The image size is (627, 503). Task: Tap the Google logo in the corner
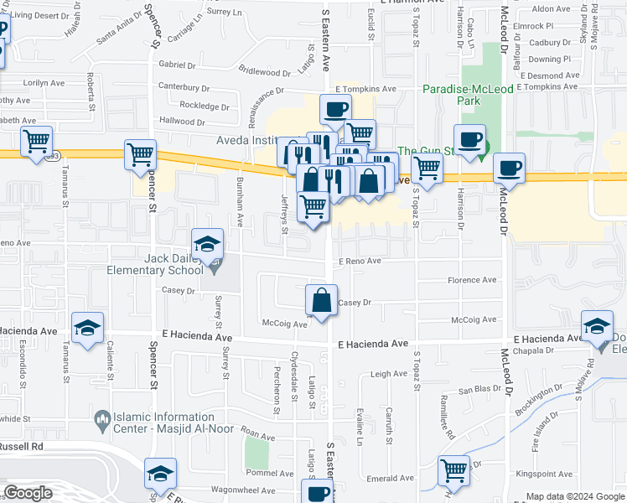click(28, 493)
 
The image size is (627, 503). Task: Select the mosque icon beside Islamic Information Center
click(102, 417)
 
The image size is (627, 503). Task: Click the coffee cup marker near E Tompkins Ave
click(334, 109)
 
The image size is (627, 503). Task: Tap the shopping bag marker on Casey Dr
click(322, 300)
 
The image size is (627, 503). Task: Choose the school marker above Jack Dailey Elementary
click(207, 244)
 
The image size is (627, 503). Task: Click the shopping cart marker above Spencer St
click(140, 154)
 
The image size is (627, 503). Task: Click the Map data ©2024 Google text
click(574, 496)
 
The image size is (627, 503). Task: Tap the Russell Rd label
click(22, 447)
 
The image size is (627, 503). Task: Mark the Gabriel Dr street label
click(176, 65)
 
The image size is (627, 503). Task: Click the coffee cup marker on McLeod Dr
click(509, 168)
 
